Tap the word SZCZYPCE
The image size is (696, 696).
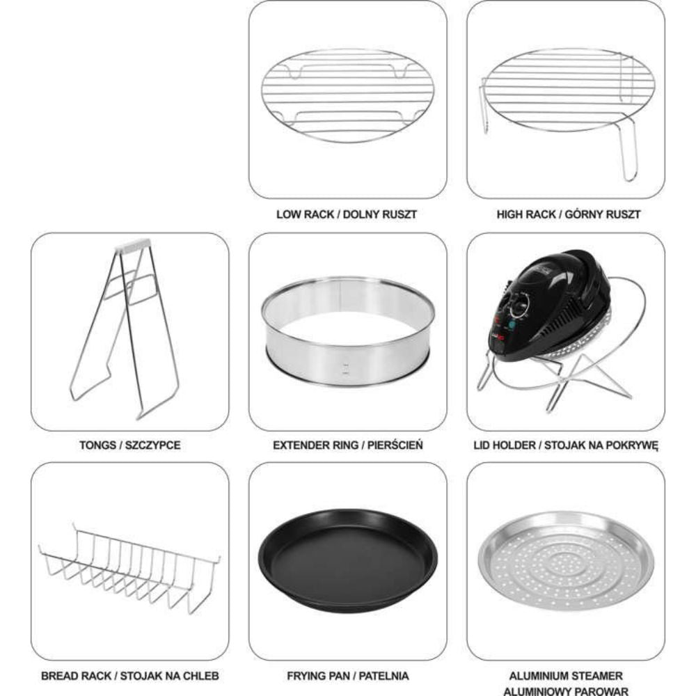coord(152,445)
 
